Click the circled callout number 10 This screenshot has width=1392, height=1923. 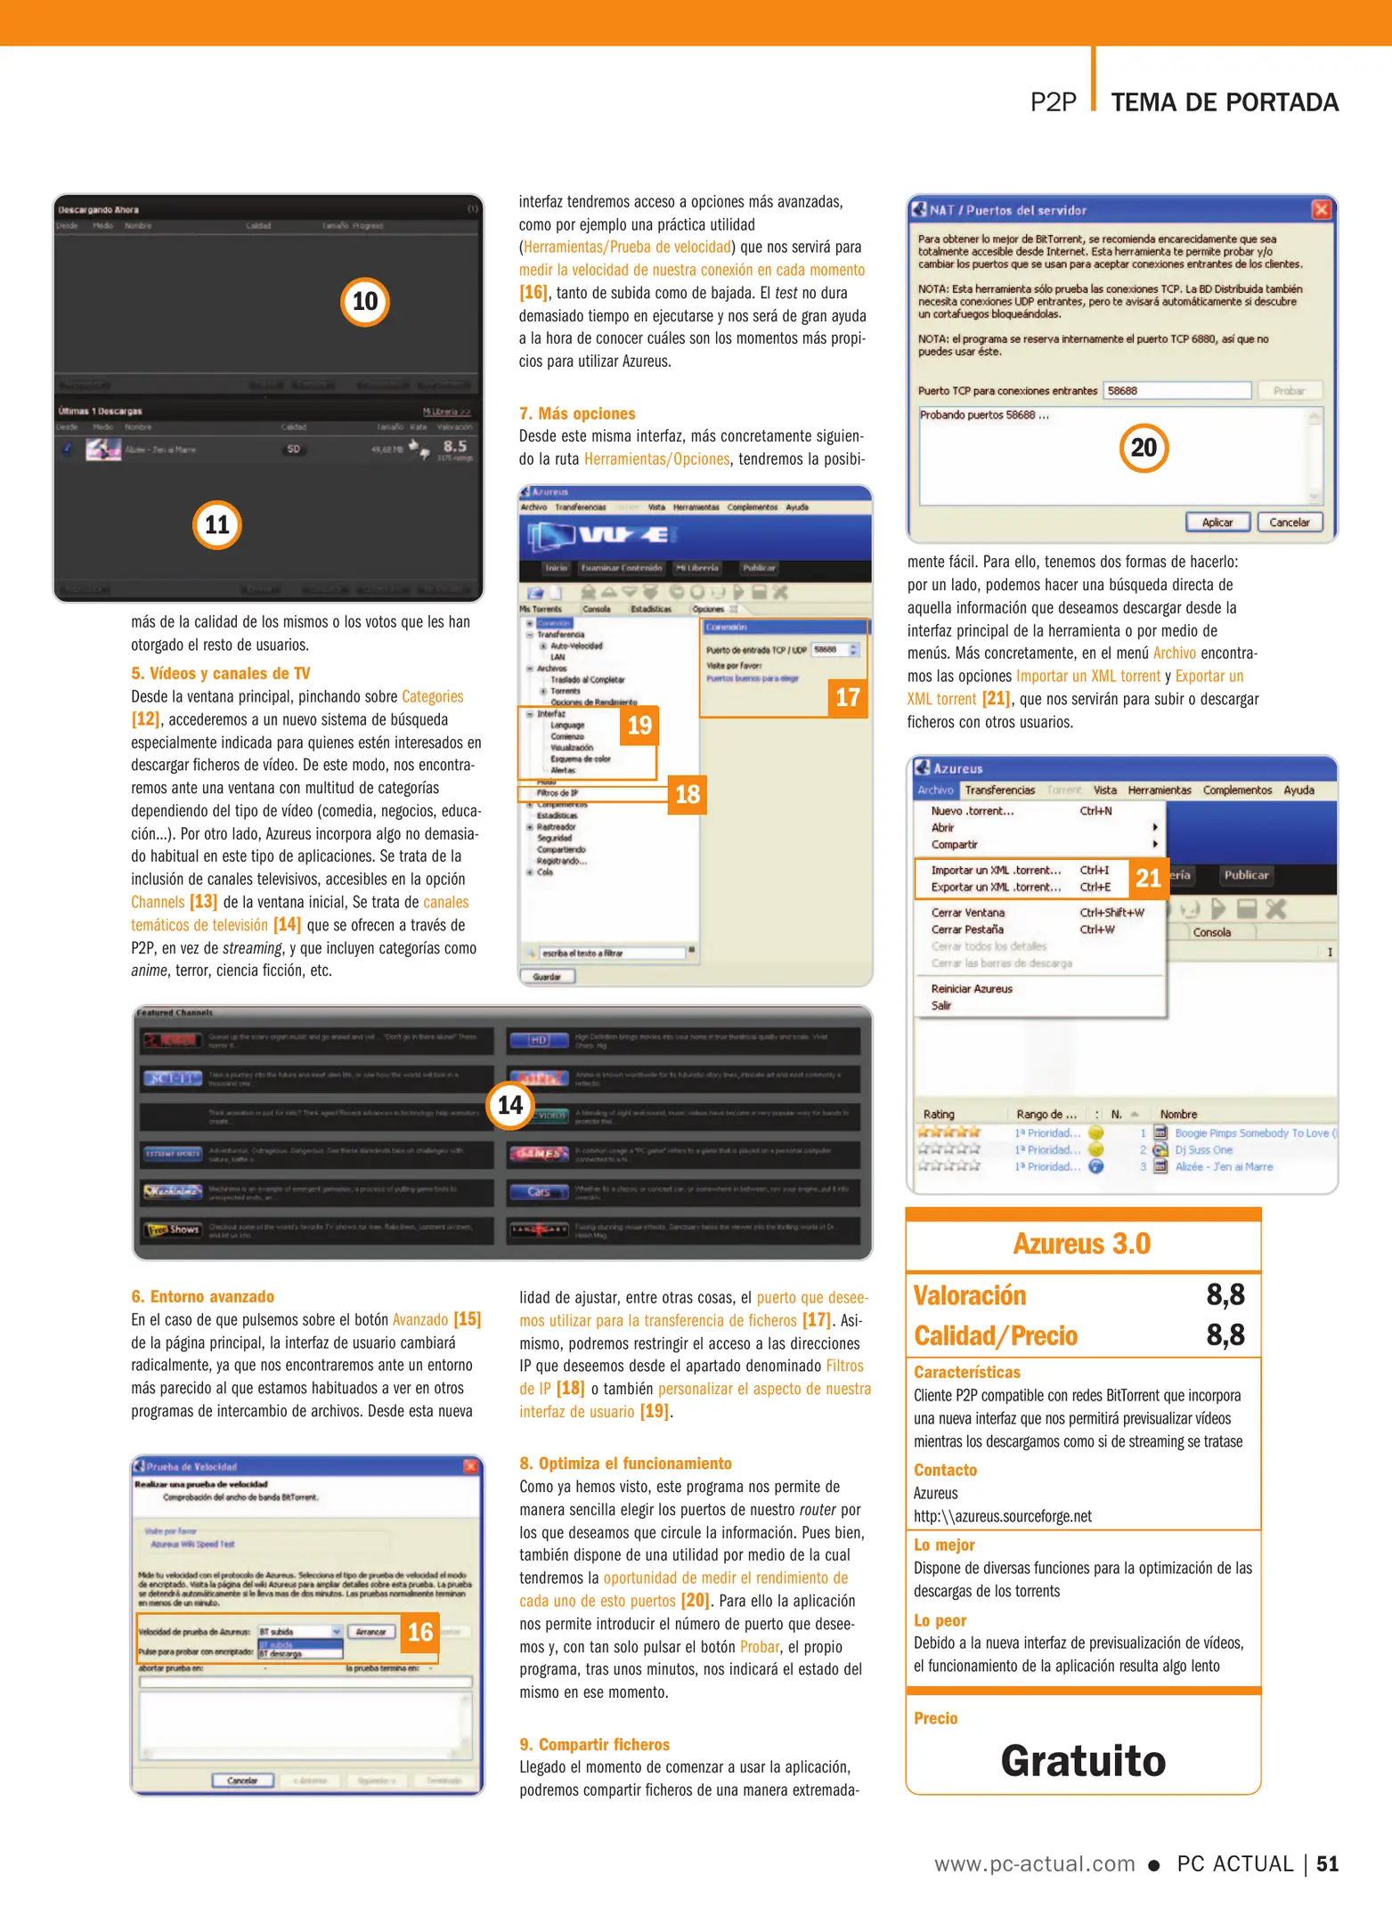(365, 302)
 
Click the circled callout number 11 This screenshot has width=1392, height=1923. (217, 525)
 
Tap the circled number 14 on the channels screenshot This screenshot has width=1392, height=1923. (509, 1105)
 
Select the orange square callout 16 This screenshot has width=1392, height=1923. (419, 1632)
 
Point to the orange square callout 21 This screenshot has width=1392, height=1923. (1148, 879)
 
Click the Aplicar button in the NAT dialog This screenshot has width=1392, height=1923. (1217, 523)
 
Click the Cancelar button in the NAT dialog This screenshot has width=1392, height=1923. (1289, 523)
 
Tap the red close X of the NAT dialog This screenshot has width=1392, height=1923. (1321, 210)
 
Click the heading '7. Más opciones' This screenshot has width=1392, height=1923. (577, 414)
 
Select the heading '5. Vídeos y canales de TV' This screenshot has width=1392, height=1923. (221, 674)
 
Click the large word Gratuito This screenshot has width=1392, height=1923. (1083, 1761)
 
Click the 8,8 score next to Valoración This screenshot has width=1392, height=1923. (1225, 1295)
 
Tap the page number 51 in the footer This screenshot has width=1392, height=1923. (1327, 1864)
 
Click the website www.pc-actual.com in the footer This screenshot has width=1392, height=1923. (1034, 1864)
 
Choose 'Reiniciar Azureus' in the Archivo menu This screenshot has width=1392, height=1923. (972, 989)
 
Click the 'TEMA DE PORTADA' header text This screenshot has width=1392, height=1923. (1225, 102)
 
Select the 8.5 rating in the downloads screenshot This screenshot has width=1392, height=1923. (454, 446)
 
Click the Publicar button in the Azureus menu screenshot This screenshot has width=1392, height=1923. (1245, 875)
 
